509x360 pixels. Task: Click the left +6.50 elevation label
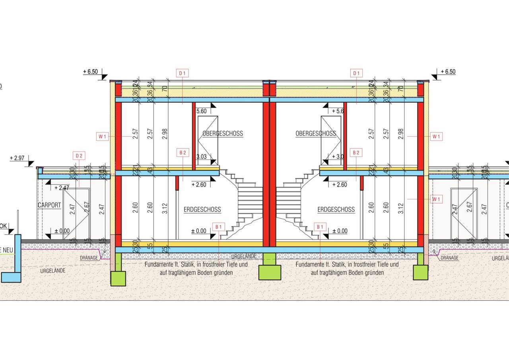[90, 72]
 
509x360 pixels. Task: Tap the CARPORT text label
[49, 205]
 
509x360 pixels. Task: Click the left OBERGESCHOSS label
[223, 134]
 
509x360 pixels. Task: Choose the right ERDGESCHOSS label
[336, 209]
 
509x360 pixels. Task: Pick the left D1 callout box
[183, 73]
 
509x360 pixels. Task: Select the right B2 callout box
[356, 152]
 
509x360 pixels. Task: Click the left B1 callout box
[218, 227]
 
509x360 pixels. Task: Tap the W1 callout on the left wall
[103, 136]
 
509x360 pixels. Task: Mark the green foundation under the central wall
[270, 272]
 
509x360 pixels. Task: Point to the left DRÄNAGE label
[89, 258]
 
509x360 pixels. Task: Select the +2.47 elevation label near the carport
[62, 187]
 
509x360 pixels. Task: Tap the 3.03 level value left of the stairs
[202, 157]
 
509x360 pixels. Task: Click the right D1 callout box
[356, 73]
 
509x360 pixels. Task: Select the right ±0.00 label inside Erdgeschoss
[339, 231]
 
